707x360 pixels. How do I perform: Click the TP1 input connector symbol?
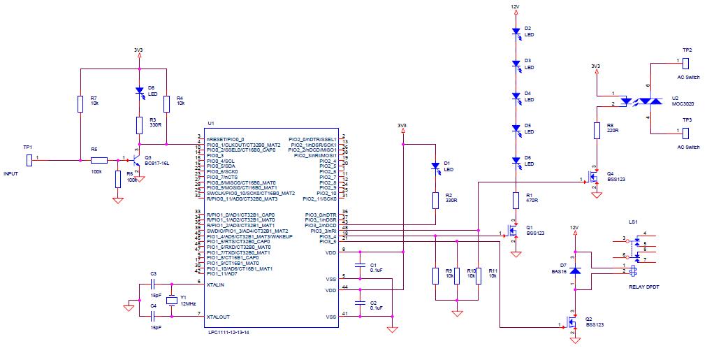(x=29, y=160)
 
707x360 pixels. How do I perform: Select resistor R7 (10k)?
(x=81, y=103)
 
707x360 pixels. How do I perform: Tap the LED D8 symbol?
(x=138, y=91)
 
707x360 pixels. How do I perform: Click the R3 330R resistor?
(x=138, y=124)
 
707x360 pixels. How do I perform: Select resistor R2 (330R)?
(x=435, y=200)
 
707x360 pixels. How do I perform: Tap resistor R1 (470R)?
(x=516, y=200)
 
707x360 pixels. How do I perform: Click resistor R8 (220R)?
(x=597, y=130)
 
